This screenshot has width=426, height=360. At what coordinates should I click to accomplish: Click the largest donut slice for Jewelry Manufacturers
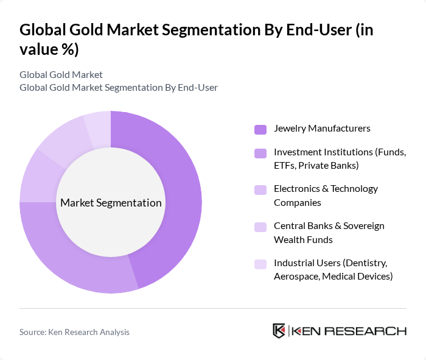[x=176, y=195]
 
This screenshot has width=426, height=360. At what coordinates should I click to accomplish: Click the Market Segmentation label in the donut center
[x=111, y=203]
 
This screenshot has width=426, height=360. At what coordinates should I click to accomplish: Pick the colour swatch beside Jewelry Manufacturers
[x=260, y=129]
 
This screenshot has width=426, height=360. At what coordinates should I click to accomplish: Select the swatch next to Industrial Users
[x=260, y=264]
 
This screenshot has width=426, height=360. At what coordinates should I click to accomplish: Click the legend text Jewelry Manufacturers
[x=322, y=129]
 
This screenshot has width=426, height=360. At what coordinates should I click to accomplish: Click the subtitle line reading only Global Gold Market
[x=61, y=75]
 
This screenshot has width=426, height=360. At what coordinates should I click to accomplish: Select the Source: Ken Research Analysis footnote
[x=74, y=332]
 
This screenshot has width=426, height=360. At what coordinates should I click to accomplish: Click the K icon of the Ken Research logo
[x=279, y=331]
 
